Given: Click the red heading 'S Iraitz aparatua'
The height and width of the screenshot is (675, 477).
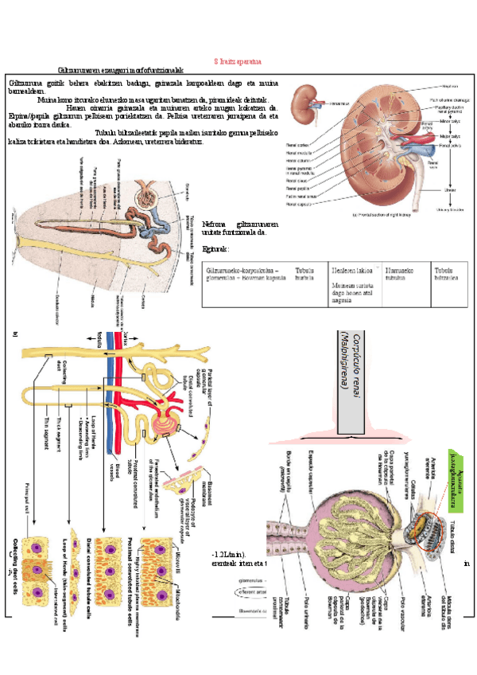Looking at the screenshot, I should [x=238, y=61].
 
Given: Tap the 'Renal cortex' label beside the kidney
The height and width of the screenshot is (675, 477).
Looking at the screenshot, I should [x=296, y=145].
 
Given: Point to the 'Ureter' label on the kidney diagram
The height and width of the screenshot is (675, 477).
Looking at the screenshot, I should [x=449, y=189].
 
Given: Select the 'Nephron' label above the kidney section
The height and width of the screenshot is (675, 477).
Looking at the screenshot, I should [x=449, y=87].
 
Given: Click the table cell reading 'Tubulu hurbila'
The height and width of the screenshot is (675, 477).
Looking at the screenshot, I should [x=304, y=274].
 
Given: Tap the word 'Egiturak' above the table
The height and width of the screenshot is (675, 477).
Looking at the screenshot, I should [x=215, y=250].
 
